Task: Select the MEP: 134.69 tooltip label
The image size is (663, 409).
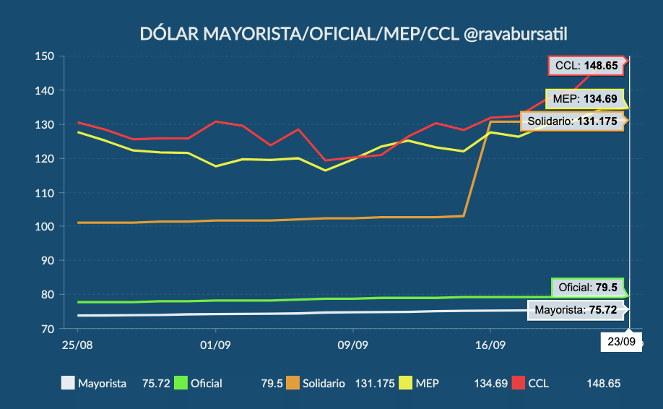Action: pyautogui.click(x=585, y=99)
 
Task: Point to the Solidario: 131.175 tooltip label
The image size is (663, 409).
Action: pyautogui.click(x=572, y=121)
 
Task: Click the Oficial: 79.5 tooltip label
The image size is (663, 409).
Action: pyautogui.click(x=588, y=288)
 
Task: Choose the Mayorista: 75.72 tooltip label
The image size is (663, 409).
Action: pyautogui.click(x=576, y=310)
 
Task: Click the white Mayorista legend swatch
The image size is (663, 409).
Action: pyautogui.click(x=67, y=383)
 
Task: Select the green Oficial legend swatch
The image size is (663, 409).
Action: pyautogui.click(x=180, y=383)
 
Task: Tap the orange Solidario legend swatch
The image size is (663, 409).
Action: pyautogui.click(x=292, y=383)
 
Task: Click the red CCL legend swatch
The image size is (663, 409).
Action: pyautogui.click(x=518, y=383)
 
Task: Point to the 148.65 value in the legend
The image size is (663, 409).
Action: pyautogui.click(x=603, y=383)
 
